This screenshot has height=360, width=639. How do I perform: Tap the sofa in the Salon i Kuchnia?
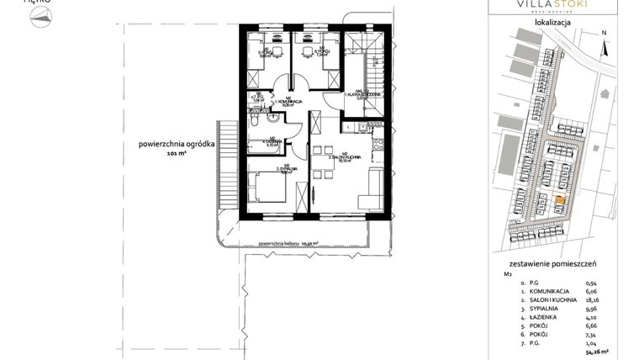[371, 200]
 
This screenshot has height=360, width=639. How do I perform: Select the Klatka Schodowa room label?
[362, 94]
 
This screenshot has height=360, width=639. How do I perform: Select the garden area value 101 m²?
[177, 155]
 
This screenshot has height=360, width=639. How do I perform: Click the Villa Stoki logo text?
[552, 5]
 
